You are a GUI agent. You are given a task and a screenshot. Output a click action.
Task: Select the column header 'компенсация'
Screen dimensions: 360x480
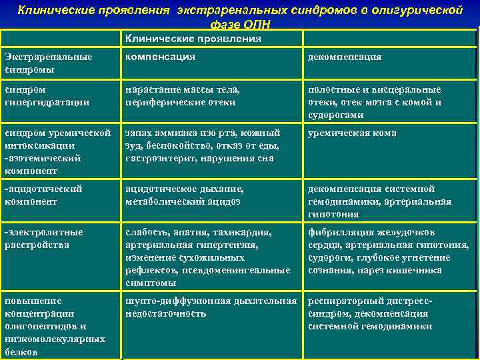[x=160, y=57]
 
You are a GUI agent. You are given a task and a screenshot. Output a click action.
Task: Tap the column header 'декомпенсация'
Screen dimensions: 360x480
[x=344, y=57]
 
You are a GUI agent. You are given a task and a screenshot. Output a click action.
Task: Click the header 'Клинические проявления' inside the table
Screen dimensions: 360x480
[x=193, y=39]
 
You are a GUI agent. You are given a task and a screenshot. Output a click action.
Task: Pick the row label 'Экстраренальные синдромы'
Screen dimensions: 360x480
[x=47, y=63]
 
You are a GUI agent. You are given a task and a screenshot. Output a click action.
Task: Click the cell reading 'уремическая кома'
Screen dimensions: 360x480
[x=352, y=133]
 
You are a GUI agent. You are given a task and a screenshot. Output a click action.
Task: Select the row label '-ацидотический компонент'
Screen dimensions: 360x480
[x=43, y=195]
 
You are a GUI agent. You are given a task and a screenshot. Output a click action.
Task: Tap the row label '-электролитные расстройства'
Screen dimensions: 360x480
[x=43, y=239]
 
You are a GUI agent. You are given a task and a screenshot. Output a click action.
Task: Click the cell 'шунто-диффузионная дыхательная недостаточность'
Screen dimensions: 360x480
[x=211, y=307]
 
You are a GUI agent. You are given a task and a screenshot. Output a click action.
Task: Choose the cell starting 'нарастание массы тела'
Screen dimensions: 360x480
[x=183, y=96]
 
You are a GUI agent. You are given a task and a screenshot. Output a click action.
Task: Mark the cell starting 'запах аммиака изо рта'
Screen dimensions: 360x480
[x=203, y=145]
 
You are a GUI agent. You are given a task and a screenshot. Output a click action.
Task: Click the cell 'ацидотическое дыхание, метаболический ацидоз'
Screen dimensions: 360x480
[x=189, y=195]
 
